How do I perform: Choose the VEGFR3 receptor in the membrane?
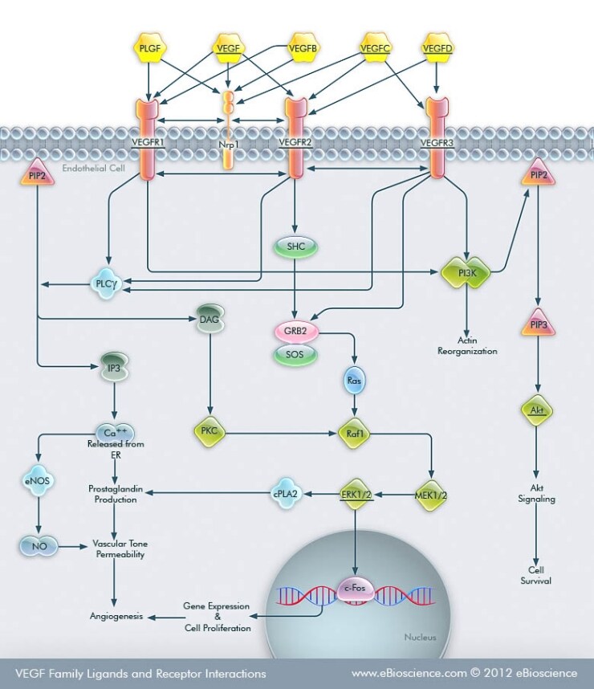pos(437,138)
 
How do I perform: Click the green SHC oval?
pos(295,247)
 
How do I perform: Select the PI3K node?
pos(466,272)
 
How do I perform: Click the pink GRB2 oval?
pos(295,330)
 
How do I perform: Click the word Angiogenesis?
pos(116,617)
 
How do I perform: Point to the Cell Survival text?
pos(536,575)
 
